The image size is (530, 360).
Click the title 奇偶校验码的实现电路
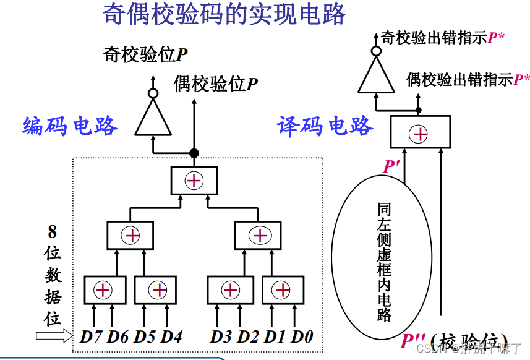(224, 14)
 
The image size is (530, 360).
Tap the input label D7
(92, 337)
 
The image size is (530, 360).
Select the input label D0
(302, 337)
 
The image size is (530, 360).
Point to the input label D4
(173, 337)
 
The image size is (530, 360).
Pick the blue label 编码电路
(70, 126)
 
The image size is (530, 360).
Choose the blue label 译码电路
(325, 126)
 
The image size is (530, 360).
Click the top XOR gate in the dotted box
(194, 181)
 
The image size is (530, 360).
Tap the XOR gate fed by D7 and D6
(105, 289)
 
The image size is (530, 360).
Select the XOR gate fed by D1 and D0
(283, 289)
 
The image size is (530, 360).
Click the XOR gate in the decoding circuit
(420, 133)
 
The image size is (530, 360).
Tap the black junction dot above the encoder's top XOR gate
(194, 153)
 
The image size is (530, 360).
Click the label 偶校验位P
(216, 84)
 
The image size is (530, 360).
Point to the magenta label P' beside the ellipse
(391, 166)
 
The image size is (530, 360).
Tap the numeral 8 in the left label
(53, 232)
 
